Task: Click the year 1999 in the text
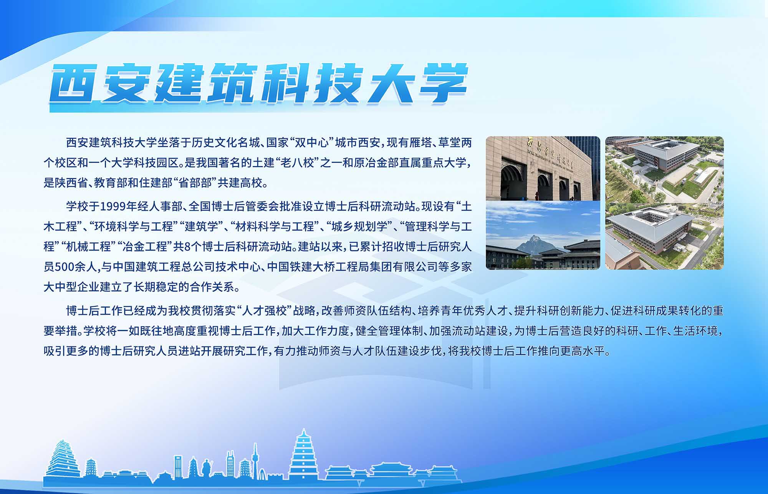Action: coord(113,207)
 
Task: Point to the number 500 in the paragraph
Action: coord(66,267)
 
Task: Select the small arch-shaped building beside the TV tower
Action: coord(262,475)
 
